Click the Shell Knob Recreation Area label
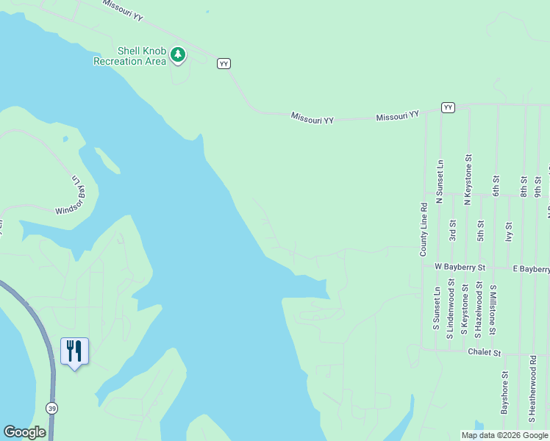[x=129, y=56]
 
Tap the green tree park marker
[x=177, y=54]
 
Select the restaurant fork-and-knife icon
[x=74, y=351]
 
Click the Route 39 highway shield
[x=51, y=408]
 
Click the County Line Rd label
[x=424, y=229]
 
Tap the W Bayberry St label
[x=460, y=267]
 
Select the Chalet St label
[x=484, y=353]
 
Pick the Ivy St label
[x=508, y=232]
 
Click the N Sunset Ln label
[x=440, y=181]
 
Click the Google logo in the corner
[x=24, y=432]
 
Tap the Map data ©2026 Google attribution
[x=505, y=435]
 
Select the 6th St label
[x=496, y=185]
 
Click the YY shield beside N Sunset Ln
[x=448, y=107]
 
